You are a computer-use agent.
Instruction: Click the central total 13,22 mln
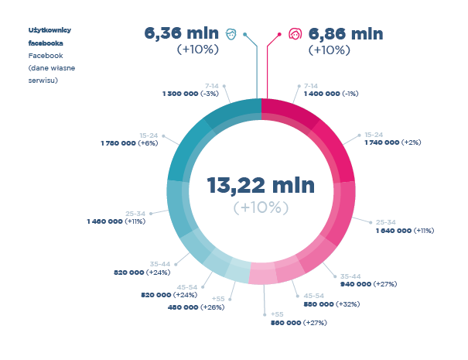261,186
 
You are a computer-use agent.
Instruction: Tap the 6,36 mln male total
181,34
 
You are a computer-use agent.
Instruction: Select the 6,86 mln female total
345,34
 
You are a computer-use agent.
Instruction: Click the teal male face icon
231,34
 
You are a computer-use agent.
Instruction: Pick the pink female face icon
294,34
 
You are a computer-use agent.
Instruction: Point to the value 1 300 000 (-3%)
190,93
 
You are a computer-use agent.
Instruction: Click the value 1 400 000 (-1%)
331,93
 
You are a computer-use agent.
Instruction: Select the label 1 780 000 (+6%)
129,143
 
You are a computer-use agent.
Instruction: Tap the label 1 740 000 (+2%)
392,142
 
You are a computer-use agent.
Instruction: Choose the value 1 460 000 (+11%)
116,221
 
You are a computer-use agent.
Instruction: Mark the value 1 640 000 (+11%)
405,230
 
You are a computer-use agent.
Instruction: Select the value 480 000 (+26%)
196,307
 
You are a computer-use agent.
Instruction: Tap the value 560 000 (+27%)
298,322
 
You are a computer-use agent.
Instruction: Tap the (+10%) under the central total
261,207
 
